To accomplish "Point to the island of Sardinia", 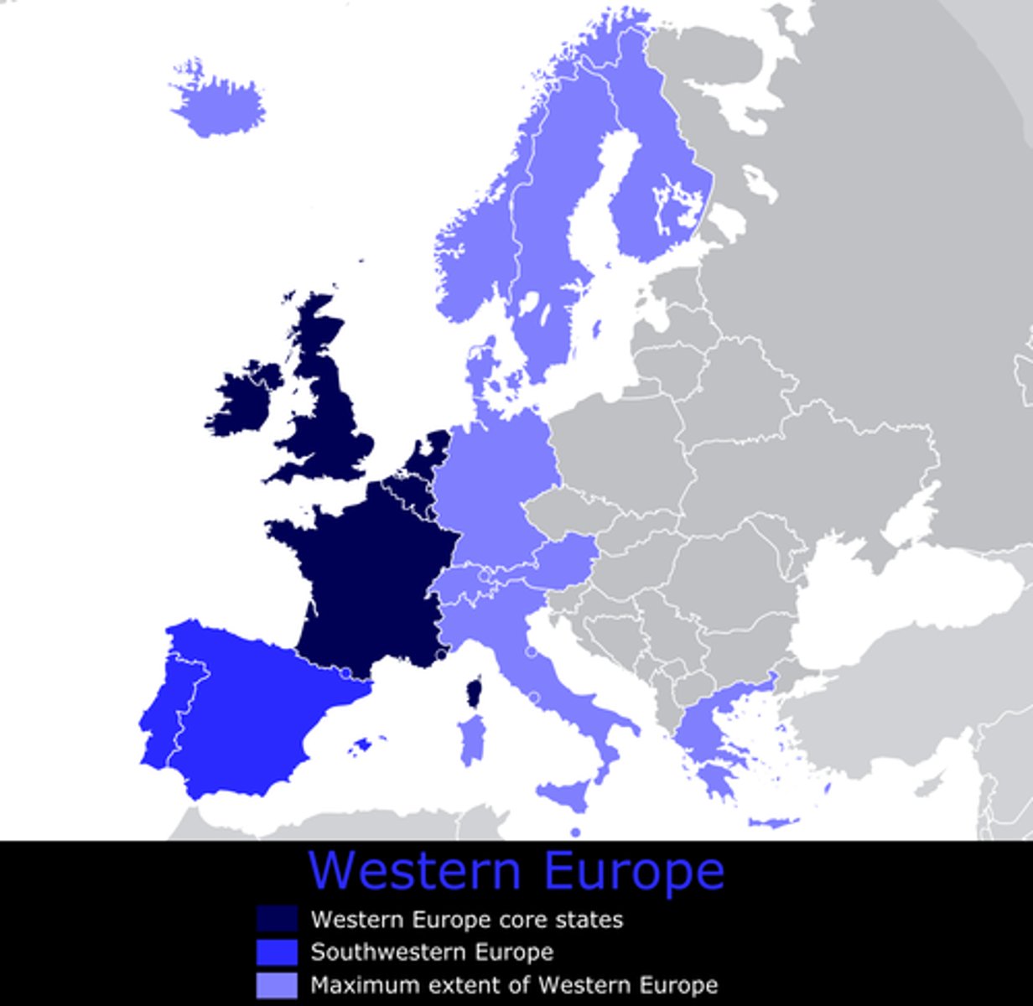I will click(471, 739).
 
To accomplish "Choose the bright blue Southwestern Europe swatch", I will click(277, 952).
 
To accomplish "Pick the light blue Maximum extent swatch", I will click(277, 985).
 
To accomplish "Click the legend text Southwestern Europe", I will click(432, 952).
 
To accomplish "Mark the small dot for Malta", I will click(575, 832).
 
